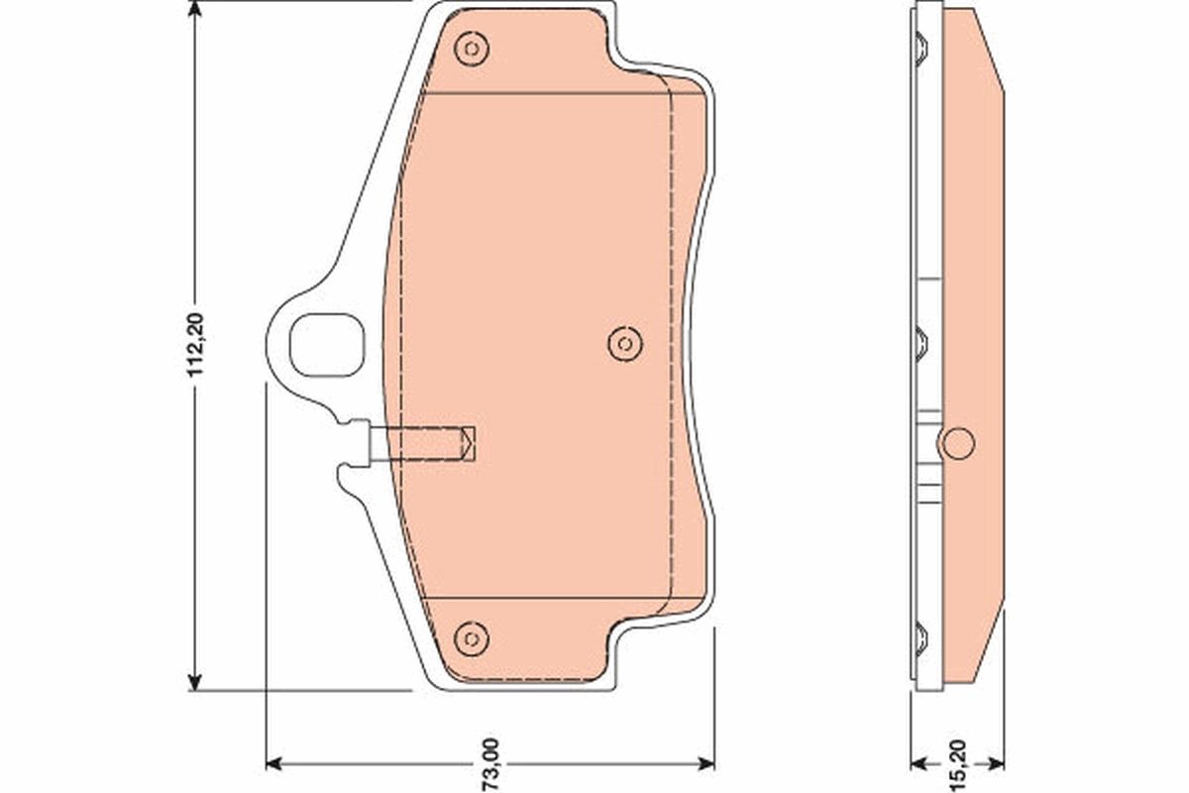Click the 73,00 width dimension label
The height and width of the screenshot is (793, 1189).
click(x=492, y=764)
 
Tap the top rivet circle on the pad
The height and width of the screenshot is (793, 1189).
click(x=472, y=48)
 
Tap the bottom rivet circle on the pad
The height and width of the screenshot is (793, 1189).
click(x=472, y=637)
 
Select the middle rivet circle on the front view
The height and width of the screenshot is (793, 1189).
click(x=623, y=343)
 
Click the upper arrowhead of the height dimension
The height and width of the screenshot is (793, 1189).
click(x=196, y=12)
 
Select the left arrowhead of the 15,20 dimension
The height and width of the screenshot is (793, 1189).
click(x=919, y=763)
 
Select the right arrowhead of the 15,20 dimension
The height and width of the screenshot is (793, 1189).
click(x=997, y=763)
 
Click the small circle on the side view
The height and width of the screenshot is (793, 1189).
click(x=958, y=443)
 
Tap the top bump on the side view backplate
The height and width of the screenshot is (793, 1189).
click(x=920, y=46)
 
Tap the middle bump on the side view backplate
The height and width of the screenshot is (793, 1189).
click(x=920, y=343)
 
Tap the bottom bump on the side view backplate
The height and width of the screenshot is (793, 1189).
click(x=920, y=637)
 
